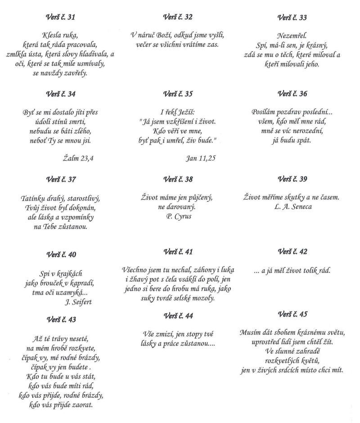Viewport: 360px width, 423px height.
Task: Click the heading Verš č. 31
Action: point(61,18)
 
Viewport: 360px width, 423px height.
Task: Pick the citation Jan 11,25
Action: point(201,158)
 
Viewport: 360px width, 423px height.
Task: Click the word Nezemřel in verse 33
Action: point(292,35)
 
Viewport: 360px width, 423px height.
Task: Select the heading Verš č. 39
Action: point(292,179)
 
